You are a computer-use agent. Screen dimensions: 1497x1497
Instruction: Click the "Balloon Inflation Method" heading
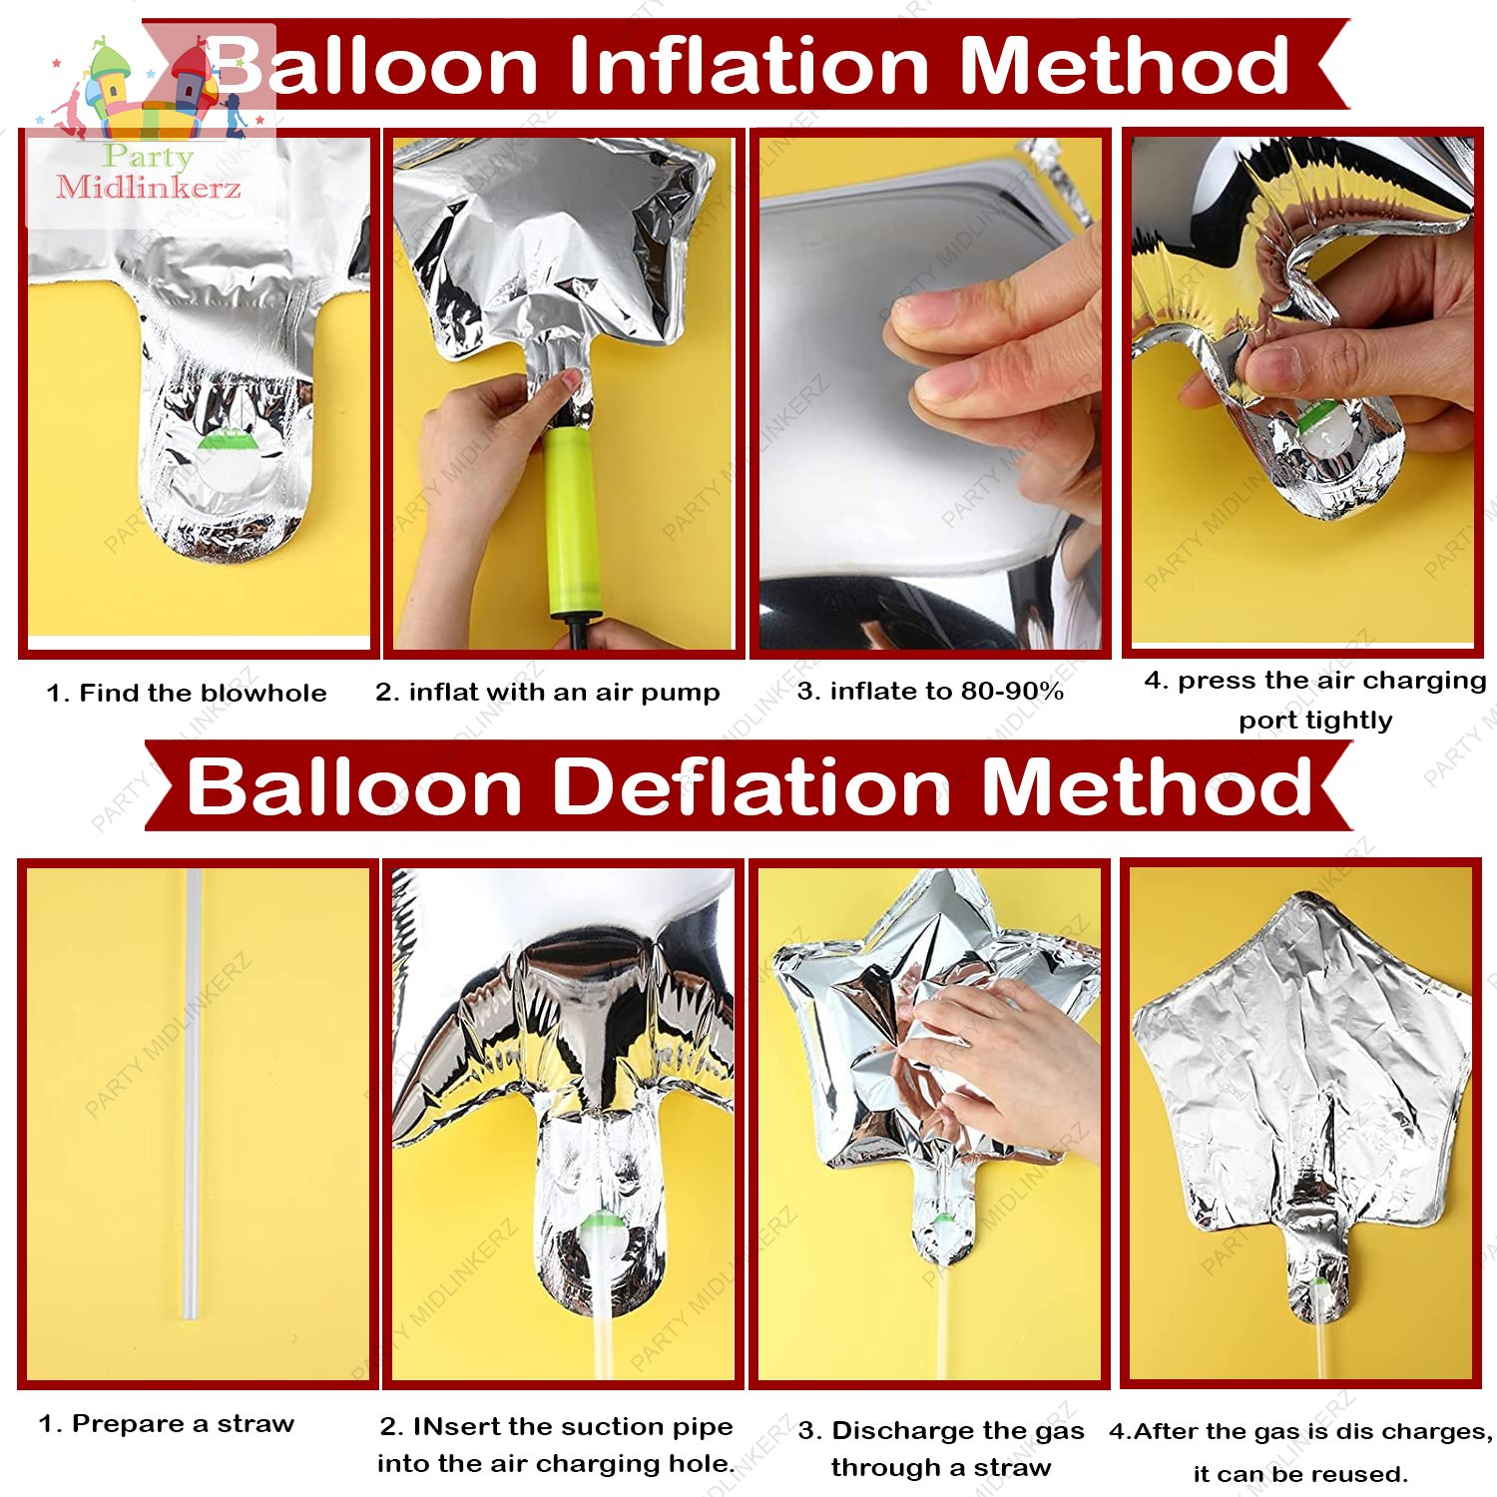click(x=748, y=66)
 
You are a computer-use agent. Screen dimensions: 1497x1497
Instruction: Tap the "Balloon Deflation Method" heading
click(x=748, y=786)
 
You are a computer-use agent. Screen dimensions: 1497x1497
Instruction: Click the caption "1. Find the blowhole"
click(x=187, y=693)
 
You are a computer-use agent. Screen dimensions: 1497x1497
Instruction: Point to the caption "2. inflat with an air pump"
click(x=547, y=693)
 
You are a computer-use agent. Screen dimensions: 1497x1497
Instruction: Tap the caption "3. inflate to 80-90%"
click(x=930, y=691)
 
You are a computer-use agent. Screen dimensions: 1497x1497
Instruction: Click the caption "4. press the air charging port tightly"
click(x=1315, y=700)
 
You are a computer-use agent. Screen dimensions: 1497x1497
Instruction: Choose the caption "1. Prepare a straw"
click(x=167, y=1423)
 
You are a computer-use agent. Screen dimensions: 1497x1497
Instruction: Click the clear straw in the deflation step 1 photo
click(x=192, y=1093)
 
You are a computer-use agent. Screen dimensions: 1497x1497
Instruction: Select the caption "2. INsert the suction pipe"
click(x=556, y=1444)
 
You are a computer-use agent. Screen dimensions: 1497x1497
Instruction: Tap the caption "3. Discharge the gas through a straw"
click(x=941, y=1448)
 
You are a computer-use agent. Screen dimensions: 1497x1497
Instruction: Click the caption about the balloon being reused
click(x=1300, y=1452)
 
